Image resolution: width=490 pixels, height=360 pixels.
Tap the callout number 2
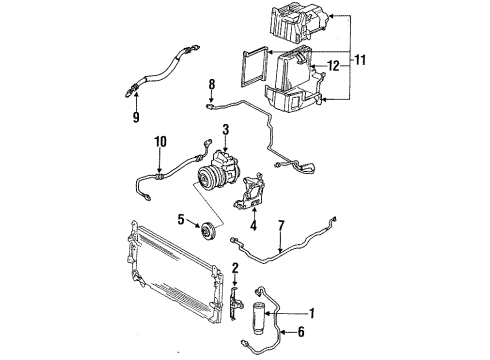click(x=234, y=267)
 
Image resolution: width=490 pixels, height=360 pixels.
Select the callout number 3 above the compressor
click(x=227, y=129)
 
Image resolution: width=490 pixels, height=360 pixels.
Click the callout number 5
click(x=181, y=219)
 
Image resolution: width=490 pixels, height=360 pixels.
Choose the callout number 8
click(x=212, y=83)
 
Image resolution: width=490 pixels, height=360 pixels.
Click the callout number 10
click(x=161, y=142)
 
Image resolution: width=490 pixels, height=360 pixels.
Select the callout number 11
click(x=360, y=62)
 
